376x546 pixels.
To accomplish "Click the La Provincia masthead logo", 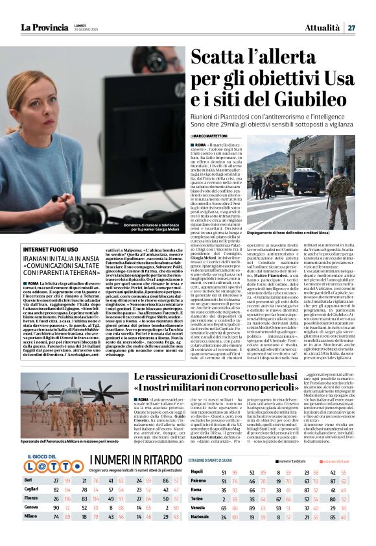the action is click(43, 27).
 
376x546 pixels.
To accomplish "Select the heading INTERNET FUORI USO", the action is click(51, 250).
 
